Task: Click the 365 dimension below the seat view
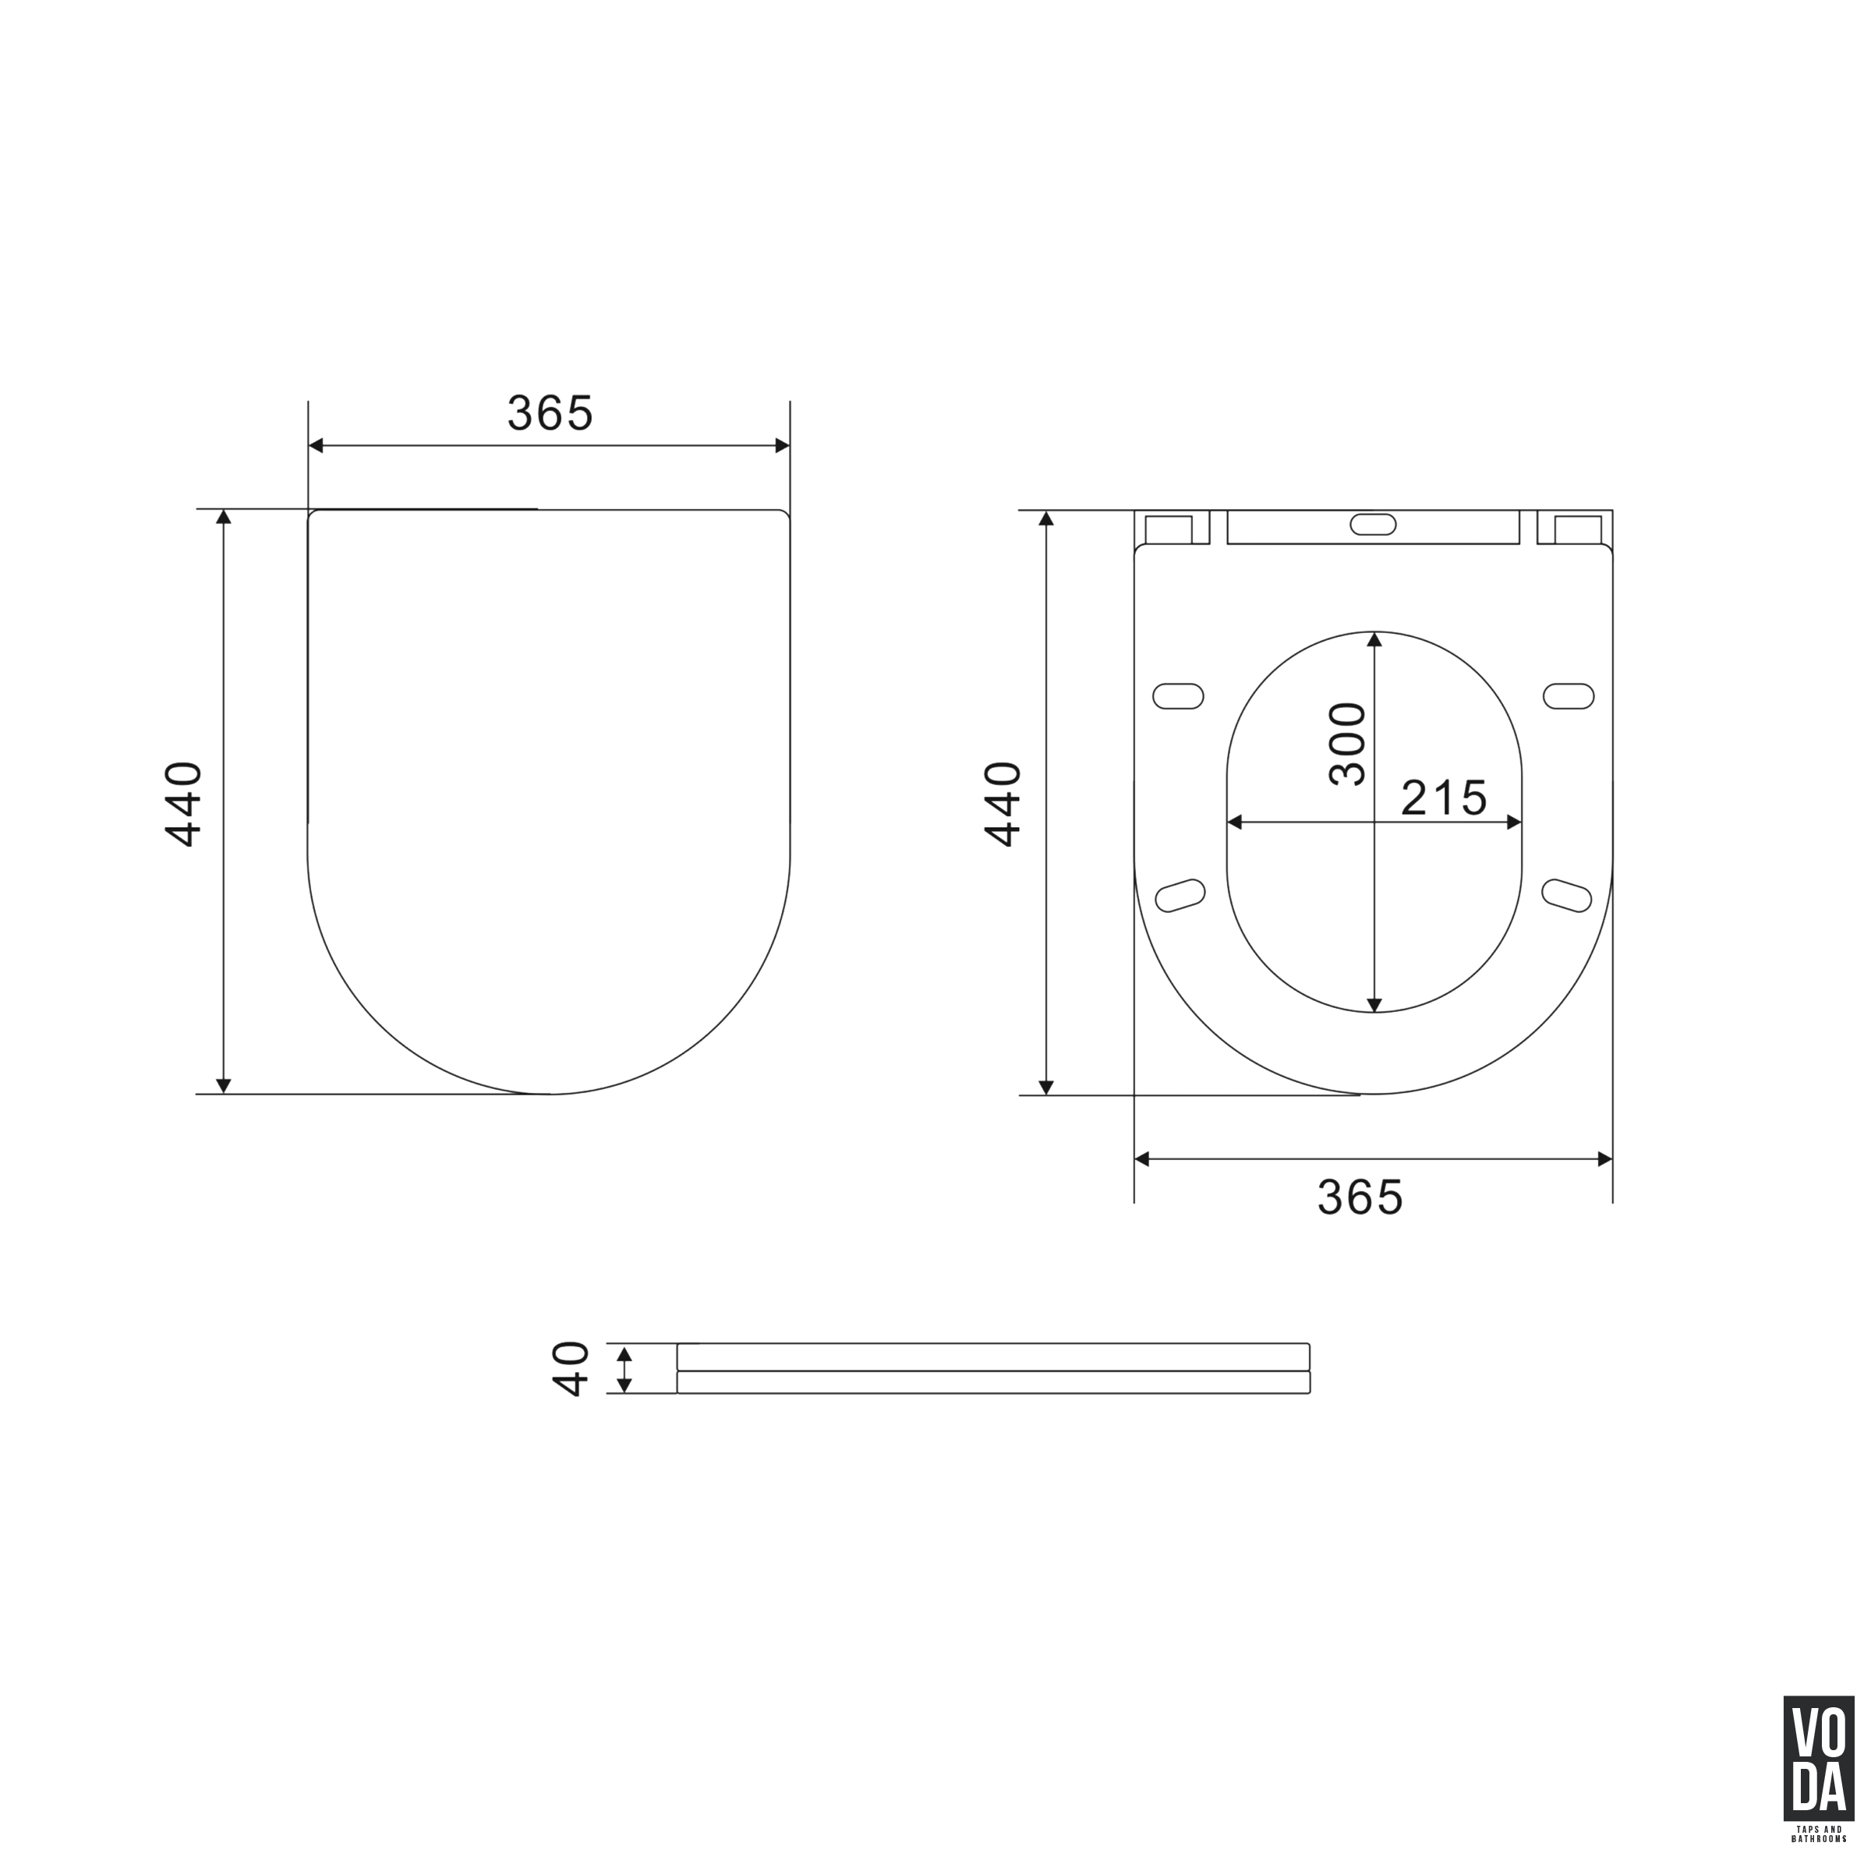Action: [x=1360, y=1198]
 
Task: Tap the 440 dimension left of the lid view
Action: [x=184, y=804]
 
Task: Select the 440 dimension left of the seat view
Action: [x=1003, y=804]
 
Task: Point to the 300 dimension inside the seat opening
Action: [x=1347, y=744]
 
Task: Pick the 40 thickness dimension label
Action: [x=571, y=1368]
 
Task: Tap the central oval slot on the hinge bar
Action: [x=1373, y=525]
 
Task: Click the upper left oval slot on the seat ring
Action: [x=1179, y=696]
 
